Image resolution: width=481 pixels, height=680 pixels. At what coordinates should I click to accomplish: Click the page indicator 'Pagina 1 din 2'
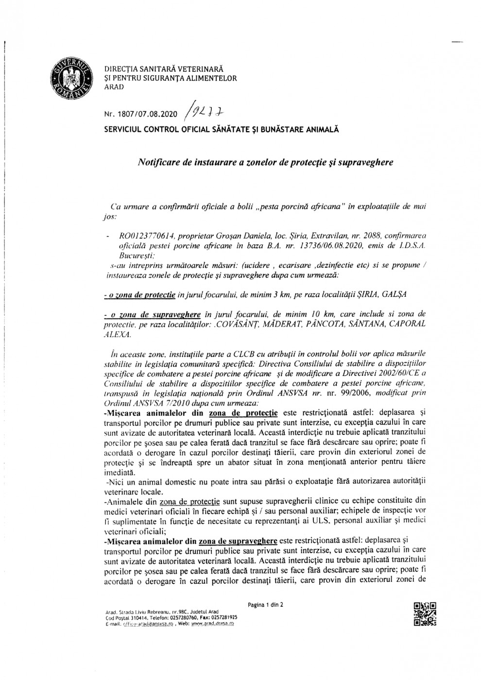point(265,605)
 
